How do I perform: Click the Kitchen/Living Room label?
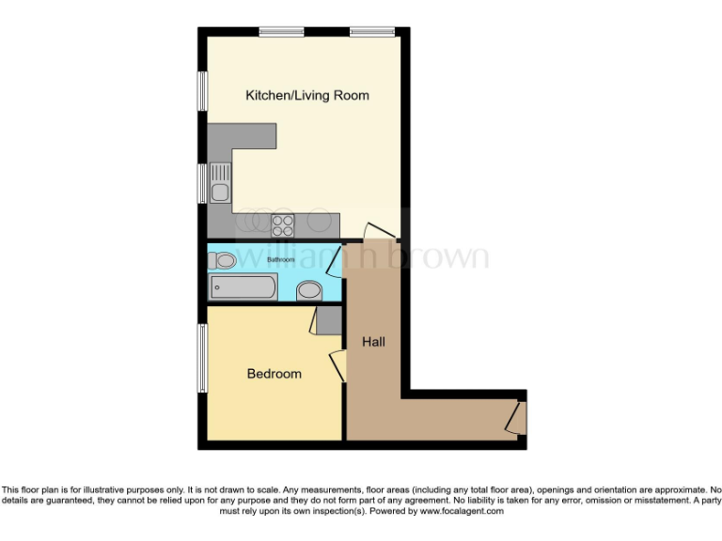[x=306, y=95]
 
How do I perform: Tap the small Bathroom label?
[x=281, y=259]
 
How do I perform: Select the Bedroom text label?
[x=275, y=374]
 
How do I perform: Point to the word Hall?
[x=373, y=342]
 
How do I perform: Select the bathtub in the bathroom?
[x=242, y=287]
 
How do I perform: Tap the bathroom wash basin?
[x=308, y=291]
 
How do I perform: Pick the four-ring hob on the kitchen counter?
[x=283, y=224]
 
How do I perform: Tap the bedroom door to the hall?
[x=337, y=364]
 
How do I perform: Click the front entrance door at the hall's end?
[x=513, y=416]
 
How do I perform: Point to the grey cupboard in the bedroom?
[x=329, y=320]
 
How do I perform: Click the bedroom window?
[x=200, y=358]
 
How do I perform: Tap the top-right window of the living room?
[x=372, y=32]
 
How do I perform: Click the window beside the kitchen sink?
[x=201, y=182]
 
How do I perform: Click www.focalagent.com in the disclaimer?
[x=461, y=512]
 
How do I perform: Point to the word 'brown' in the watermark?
[x=441, y=255]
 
